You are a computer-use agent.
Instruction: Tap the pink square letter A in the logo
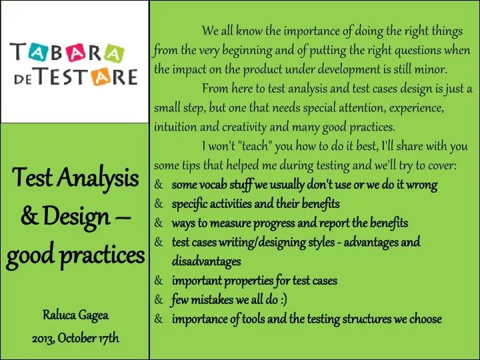(78, 51)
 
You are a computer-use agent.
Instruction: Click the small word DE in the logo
(25, 77)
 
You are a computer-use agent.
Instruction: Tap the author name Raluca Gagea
(75, 315)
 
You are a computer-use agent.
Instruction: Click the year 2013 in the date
(44, 338)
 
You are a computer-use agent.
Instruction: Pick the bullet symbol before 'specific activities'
(159, 203)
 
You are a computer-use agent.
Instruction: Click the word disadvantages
(206, 261)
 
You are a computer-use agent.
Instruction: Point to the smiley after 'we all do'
(283, 300)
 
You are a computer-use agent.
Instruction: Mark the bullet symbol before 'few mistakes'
(159, 300)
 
